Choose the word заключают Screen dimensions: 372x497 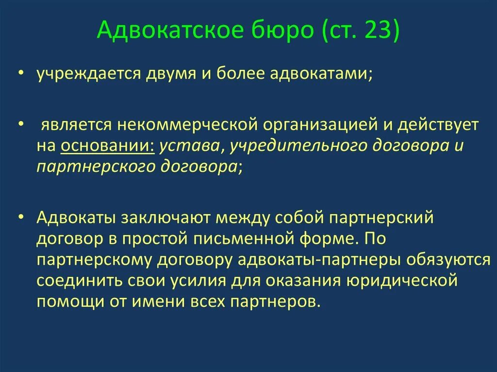click(166, 218)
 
